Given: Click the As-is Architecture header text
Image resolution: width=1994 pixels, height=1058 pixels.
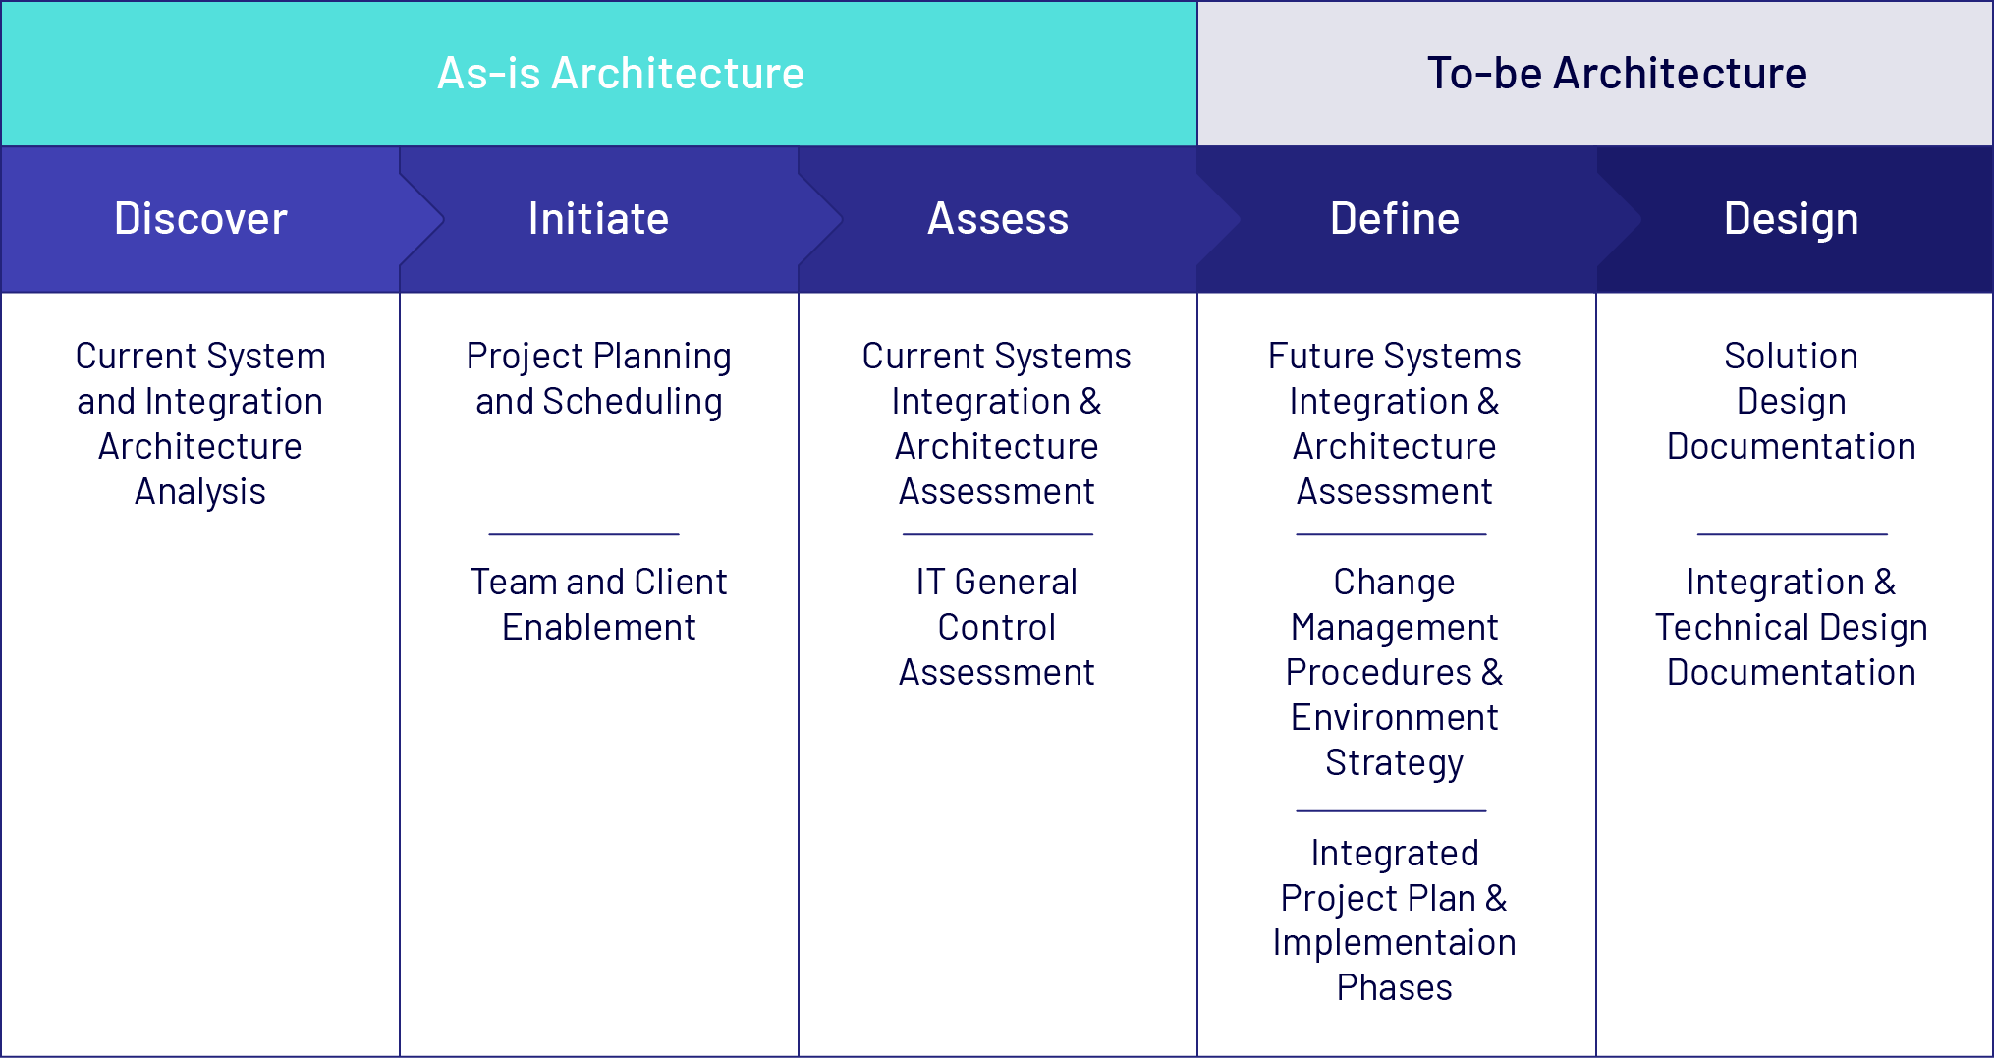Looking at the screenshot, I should [x=621, y=74].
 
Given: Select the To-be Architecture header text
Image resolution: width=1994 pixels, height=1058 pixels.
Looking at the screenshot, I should [x=1617, y=74].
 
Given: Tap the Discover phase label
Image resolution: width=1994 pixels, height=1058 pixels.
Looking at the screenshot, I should [x=200, y=218].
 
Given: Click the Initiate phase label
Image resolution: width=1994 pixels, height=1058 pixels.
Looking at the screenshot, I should [x=598, y=218].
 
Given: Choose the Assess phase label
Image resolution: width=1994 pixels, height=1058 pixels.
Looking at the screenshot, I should [x=998, y=218].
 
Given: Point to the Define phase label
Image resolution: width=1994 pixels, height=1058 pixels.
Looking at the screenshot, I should [x=1395, y=218].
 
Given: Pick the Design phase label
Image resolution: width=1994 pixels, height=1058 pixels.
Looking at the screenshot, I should [x=1791, y=218].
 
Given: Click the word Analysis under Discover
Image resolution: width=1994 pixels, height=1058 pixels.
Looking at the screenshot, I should [x=200, y=491].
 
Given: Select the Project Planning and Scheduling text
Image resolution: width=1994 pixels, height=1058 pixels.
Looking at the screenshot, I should [x=598, y=378].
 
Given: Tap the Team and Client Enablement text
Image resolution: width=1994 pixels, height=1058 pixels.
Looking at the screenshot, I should [x=598, y=604].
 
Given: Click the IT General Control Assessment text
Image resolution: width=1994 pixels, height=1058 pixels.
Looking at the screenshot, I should [x=997, y=627].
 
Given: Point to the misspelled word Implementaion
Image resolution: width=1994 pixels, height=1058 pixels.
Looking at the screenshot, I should [x=1394, y=942].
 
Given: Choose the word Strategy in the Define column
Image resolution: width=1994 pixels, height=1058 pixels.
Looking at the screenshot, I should [x=1394, y=762].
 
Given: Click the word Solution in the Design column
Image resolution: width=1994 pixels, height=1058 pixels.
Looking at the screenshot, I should [x=1791, y=356].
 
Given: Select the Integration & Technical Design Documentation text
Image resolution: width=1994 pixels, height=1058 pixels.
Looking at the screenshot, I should [x=1791, y=627].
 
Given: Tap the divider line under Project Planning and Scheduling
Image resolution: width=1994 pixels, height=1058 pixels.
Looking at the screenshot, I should [x=584, y=534].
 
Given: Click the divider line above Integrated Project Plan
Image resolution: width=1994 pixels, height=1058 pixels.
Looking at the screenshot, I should [x=1391, y=811].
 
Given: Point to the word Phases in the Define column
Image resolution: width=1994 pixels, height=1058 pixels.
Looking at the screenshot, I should [x=1394, y=987].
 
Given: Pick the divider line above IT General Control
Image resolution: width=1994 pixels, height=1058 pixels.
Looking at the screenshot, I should [x=998, y=534].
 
